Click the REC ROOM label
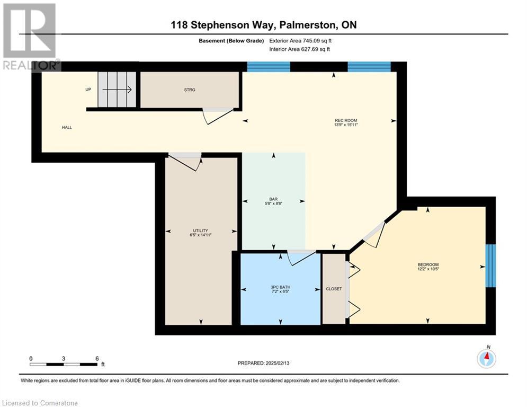pos(346,120)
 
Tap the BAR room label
pos(273,199)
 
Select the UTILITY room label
pos(200,231)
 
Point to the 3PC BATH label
pos(280,287)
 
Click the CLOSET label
pos(334,289)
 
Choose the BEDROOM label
pos(428,265)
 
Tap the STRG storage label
pos(190,90)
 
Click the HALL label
pos(67,128)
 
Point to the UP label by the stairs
pos(88,90)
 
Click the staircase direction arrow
pos(117,90)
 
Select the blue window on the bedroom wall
pos(490,266)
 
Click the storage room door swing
pos(218,116)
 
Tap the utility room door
pos(185,162)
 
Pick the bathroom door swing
pos(301,258)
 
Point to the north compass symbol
pos(486,359)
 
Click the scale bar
pos(64,364)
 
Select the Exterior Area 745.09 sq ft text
pos(300,41)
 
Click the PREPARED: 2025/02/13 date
pos(264,363)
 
